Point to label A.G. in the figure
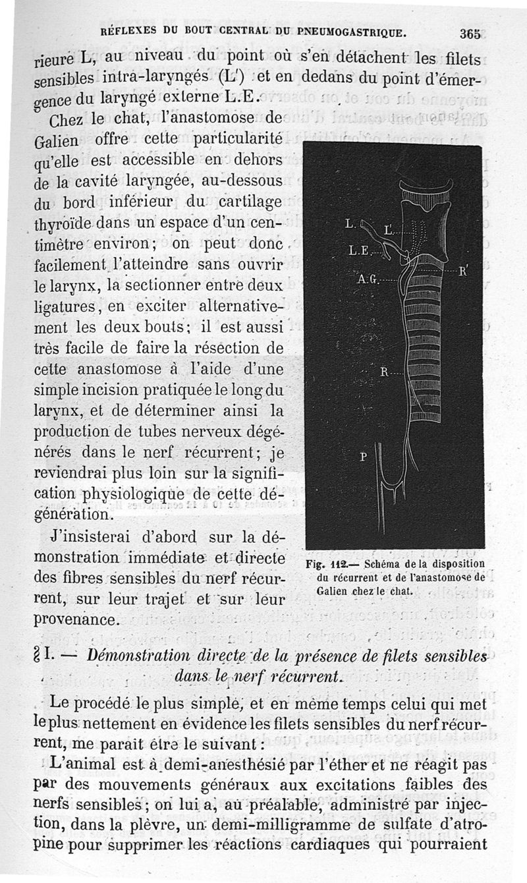click(368, 279)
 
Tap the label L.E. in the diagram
click(360, 250)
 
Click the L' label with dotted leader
click(389, 230)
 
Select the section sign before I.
click(38, 656)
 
